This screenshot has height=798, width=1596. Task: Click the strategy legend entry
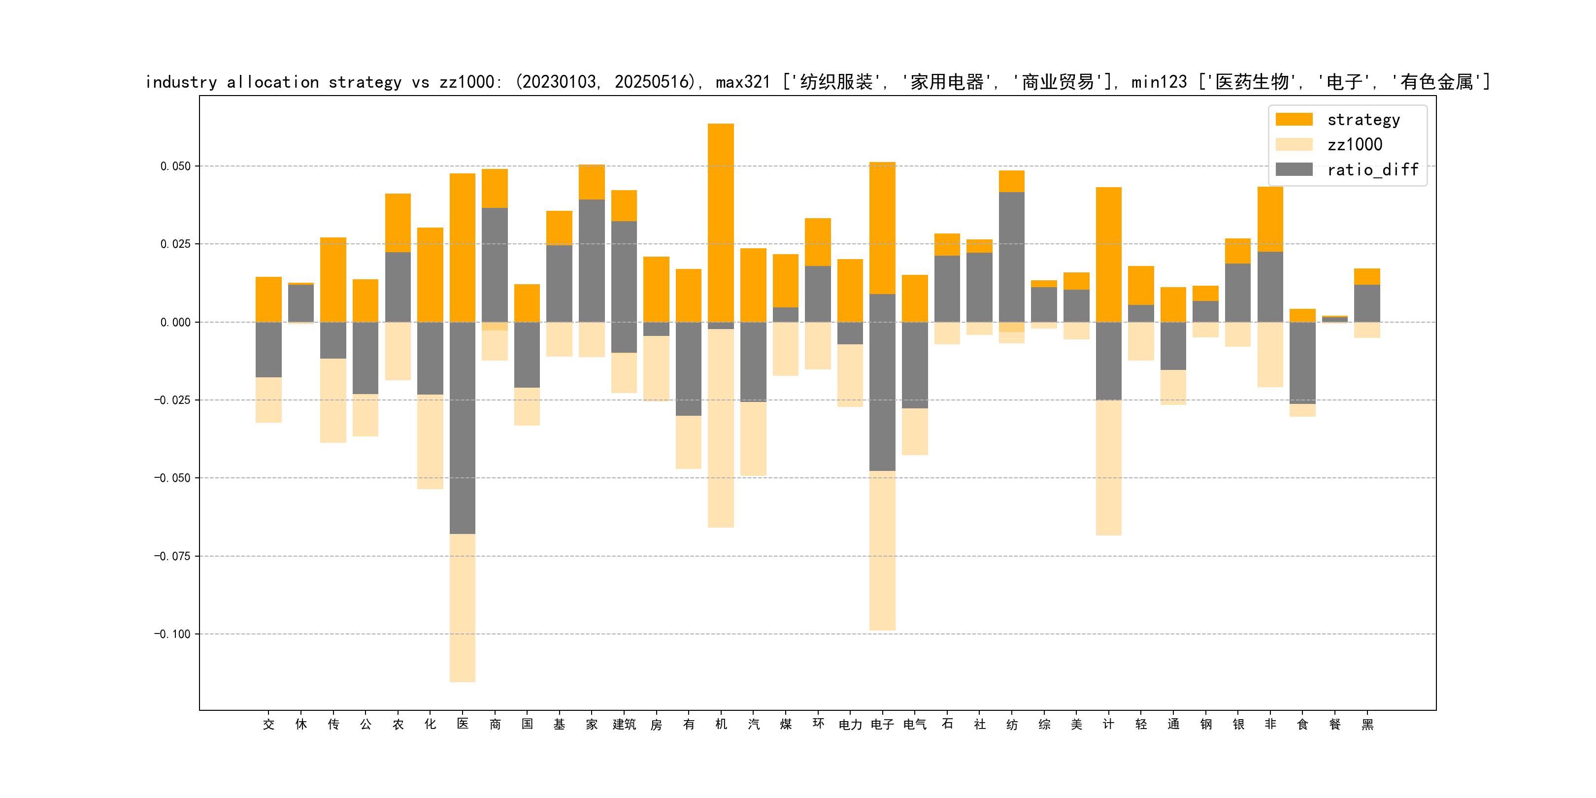point(1363,120)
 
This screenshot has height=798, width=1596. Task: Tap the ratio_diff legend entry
point(1372,170)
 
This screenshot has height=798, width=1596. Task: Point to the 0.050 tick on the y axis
point(175,166)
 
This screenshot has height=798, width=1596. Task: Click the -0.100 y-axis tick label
point(172,634)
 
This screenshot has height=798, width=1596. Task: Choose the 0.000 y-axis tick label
point(175,322)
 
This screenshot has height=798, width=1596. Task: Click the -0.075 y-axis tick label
point(172,556)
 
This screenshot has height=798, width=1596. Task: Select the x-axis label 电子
point(882,724)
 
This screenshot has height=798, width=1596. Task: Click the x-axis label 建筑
point(624,724)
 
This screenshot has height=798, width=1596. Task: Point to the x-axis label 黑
point(1367,724)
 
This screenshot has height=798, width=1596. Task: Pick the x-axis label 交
point(268,724)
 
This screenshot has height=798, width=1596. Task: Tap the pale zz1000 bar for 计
point(1108,468)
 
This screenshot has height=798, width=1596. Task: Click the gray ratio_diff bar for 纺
point(1011,257)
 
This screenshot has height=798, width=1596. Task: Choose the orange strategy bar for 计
point(1108,254)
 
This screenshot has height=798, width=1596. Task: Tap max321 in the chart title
point(742,82)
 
